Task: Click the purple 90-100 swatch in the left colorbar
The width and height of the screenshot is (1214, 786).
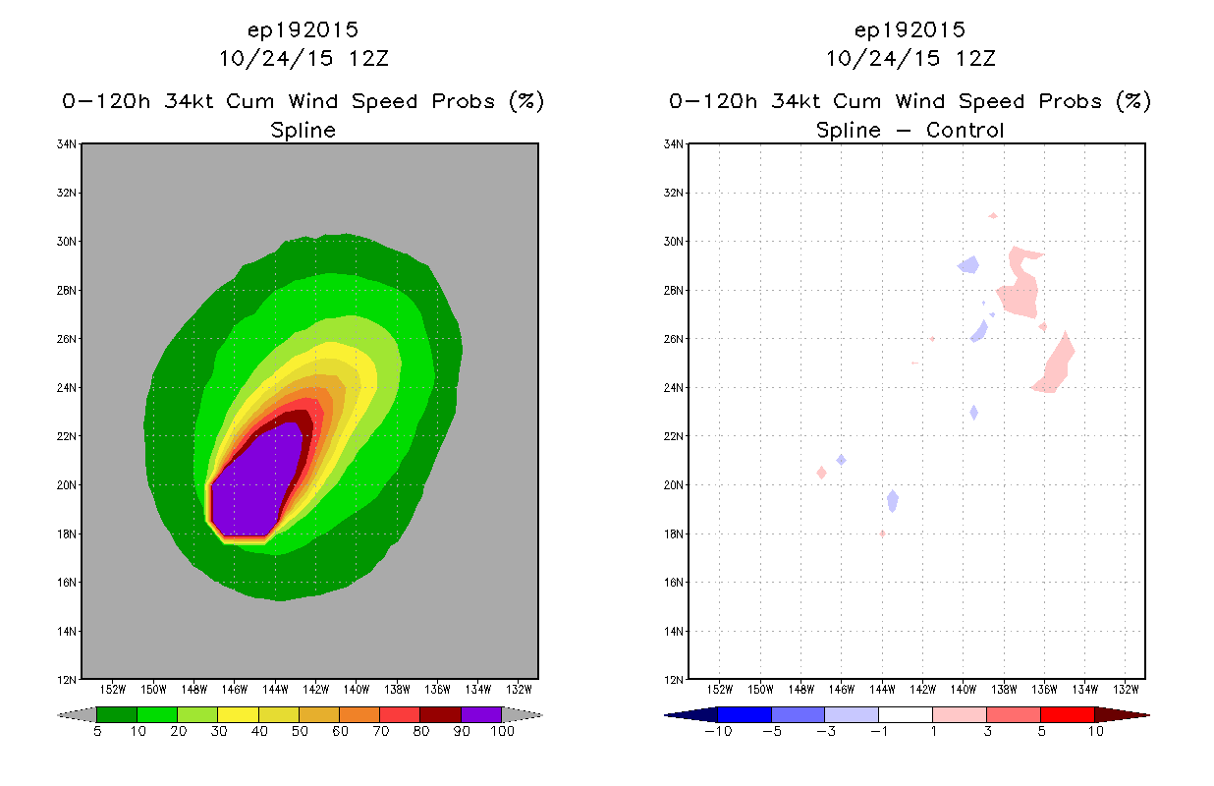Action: pos(481,714)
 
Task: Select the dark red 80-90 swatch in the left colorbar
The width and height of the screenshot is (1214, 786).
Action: pos(441,714)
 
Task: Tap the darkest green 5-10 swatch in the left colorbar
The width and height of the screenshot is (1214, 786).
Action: pos(117,714)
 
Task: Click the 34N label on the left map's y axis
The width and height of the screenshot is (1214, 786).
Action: pos(66,144)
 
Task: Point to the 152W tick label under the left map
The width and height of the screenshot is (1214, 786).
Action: pos(113,690)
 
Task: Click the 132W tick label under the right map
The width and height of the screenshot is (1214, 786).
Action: pos(1126,690)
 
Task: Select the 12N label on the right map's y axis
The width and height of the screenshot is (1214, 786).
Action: pos(673,680)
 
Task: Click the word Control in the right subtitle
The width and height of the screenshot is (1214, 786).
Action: pos(965,130)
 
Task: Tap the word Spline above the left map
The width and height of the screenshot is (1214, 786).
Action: pos(303,131)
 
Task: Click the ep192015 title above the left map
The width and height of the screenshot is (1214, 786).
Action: pos(303,29)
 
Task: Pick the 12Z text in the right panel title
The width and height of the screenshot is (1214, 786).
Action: pos(975,58)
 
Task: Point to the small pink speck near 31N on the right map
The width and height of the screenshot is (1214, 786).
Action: pos(993,216)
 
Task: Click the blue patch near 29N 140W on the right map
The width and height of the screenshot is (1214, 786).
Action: pos(969,265)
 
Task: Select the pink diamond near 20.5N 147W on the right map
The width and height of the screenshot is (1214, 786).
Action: pos(822,473)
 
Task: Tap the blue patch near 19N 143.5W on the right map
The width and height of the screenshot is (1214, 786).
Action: pos(893,501)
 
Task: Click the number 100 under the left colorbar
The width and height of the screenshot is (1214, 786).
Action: pos(502,731)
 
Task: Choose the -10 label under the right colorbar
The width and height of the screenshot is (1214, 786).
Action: pos(718,731)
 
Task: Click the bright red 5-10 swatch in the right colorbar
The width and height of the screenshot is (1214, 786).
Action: pos(1067,714)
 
